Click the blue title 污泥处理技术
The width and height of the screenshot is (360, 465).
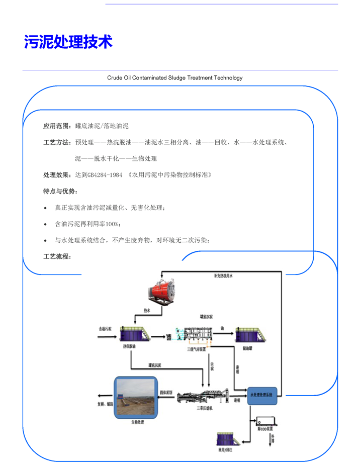[68, 42]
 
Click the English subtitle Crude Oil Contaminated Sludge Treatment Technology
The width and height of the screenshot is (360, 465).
[175, 78]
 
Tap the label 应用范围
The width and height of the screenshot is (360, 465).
[57, 126]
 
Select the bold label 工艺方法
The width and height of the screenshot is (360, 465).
[57, 142]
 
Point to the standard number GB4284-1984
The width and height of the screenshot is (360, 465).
[105, 175]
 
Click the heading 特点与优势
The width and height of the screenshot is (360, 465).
[60, 192]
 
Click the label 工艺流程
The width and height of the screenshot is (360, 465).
[57, 256]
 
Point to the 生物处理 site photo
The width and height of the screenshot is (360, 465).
[137, 397]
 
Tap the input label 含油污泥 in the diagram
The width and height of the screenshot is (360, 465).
[105, 329]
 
